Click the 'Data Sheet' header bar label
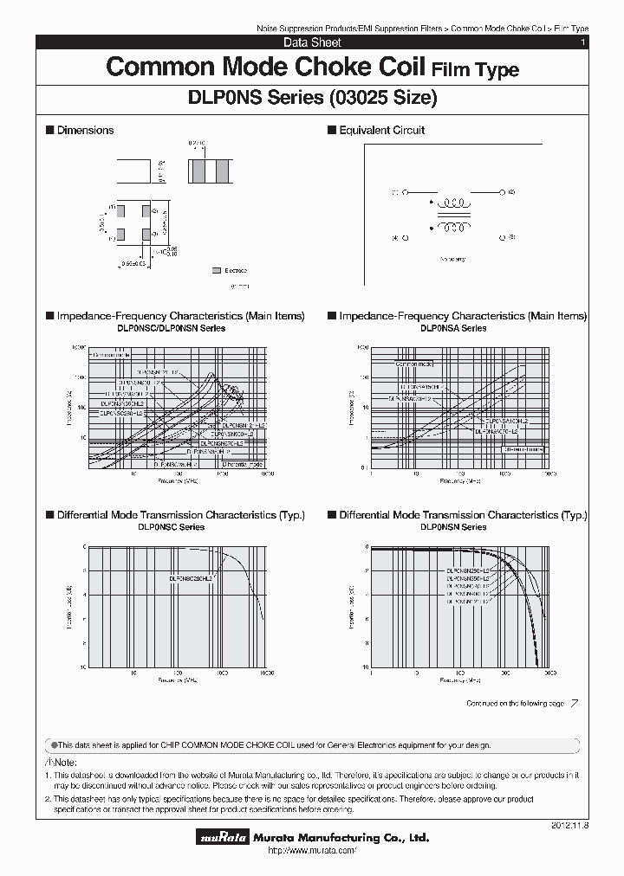pos(312,42)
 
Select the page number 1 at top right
pos(582,42)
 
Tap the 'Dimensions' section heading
pos(85,130)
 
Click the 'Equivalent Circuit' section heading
pos(381,130)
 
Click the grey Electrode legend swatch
pos(216,271)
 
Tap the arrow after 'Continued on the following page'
pos(575,704)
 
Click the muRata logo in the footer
pos(224,838)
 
